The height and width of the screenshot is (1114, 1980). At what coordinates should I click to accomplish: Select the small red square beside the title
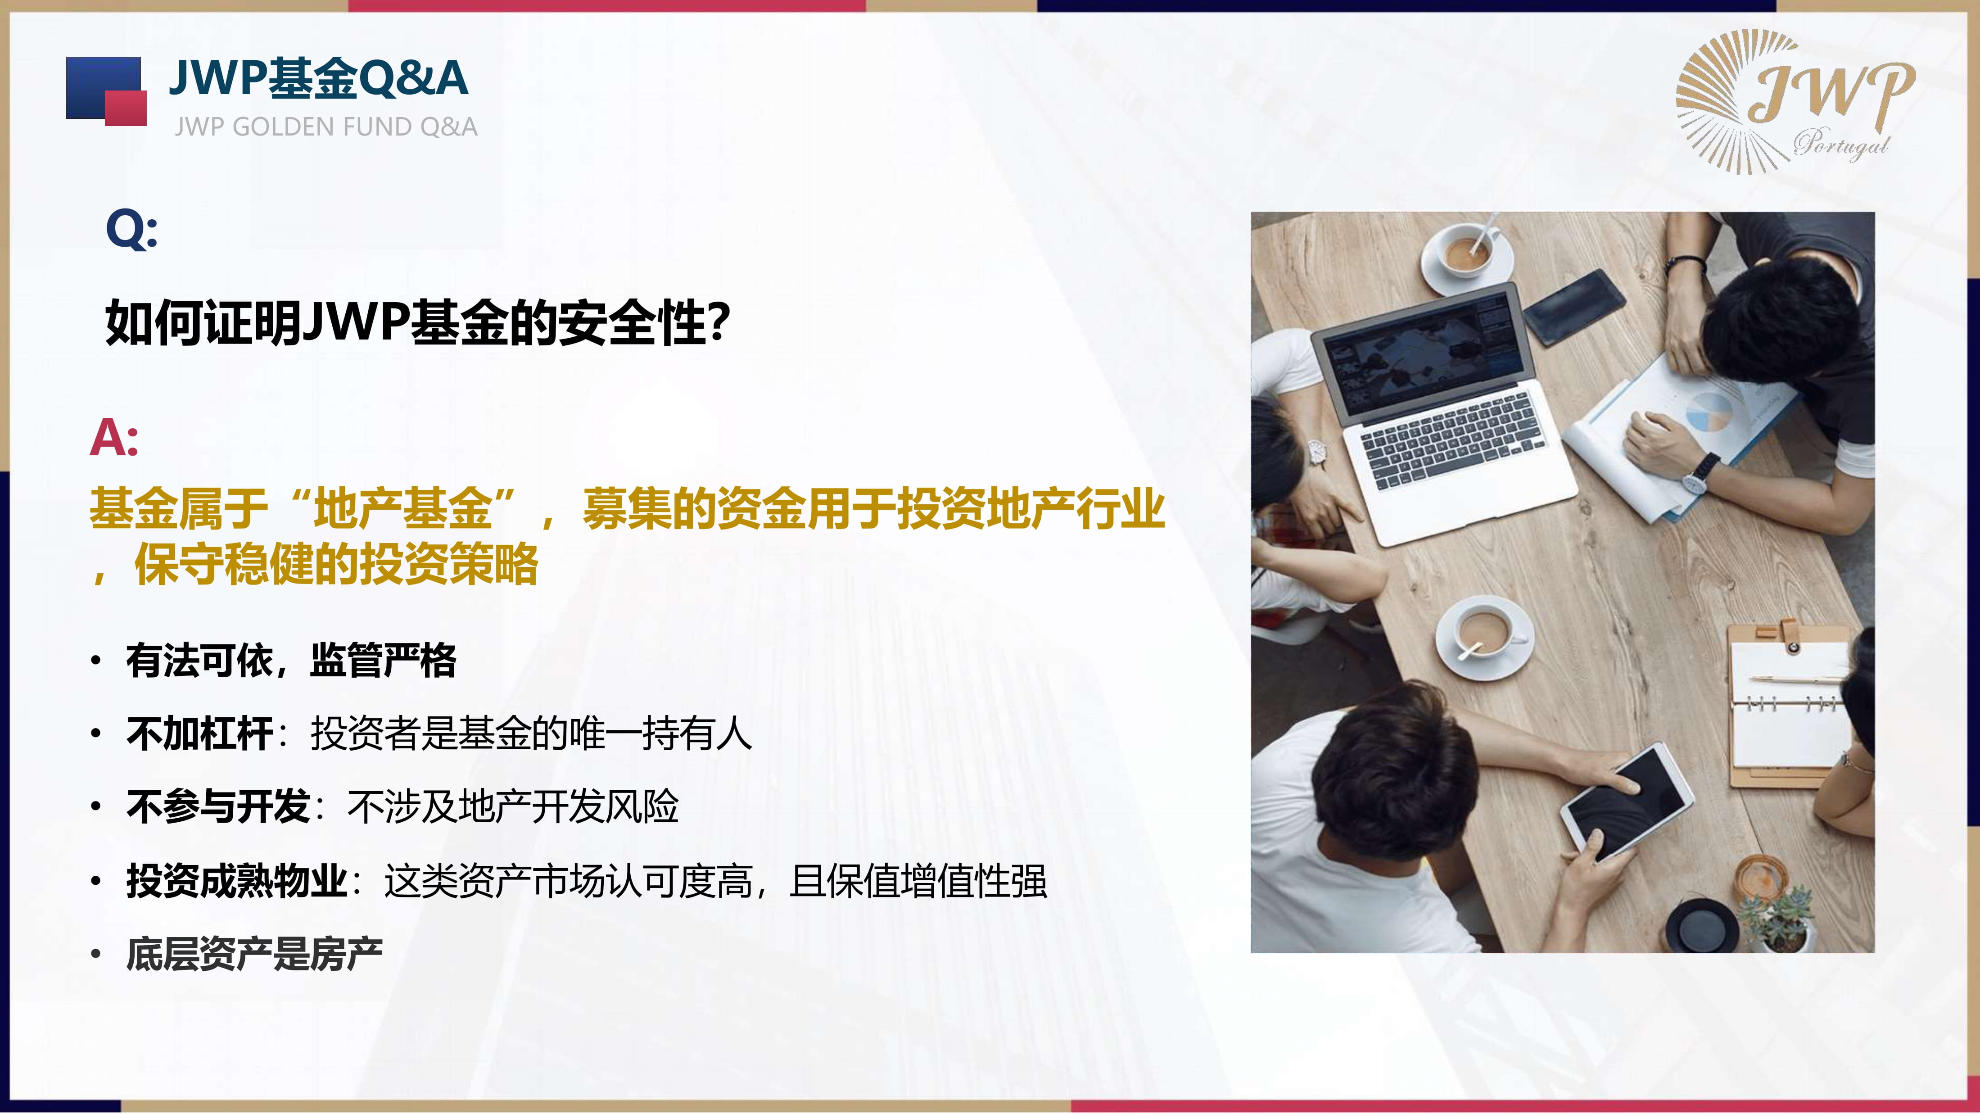(x=125, y=108)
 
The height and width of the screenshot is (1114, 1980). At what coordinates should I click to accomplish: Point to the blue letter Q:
(x=131, y=229)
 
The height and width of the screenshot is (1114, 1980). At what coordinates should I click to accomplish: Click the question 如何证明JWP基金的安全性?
(x=417, y=323)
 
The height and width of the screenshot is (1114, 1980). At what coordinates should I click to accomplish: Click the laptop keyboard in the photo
(x=1451, y=440)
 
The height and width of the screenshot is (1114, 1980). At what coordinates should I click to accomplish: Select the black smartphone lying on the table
(x=1574, y=307)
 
